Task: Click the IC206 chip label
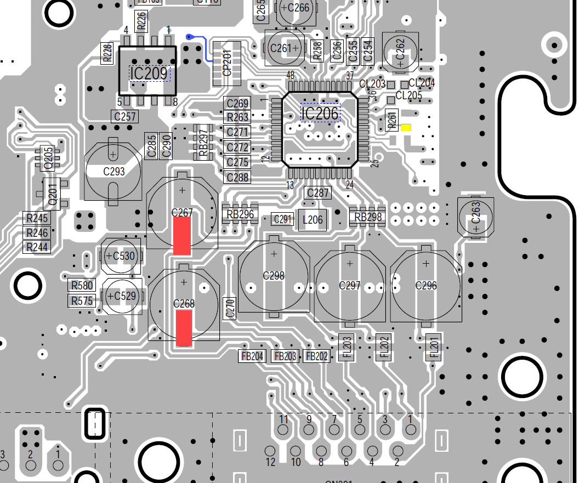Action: click(321, 113)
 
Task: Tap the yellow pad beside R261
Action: click(406, 128)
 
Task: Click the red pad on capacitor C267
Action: click(182, 236)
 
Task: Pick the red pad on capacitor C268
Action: click(184, 328)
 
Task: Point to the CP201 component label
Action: click(226, 64)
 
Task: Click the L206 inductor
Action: click(313, 220)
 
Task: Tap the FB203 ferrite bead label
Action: click(286, 356)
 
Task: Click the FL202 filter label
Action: click(384, 346)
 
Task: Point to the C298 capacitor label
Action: click(274, 276)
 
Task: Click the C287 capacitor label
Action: click(318, 193)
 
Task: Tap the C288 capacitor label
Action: click(237, 177)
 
